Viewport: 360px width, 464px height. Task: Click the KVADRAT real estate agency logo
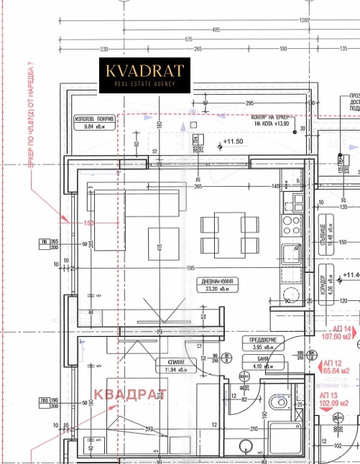click(144, 76)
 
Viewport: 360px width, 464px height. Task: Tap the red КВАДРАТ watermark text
click(130, 394)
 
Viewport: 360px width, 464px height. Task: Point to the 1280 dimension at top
click(304, 19)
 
